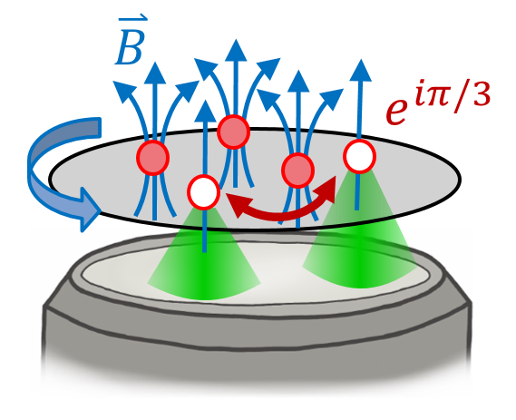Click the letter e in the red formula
click(x=395, y=112)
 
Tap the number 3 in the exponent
click(x=478, y=93)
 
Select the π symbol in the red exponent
click(x=434, y=95)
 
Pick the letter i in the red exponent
click(x=415, y=93)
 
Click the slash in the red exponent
click(x=458, y=95)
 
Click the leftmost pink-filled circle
click(x=152, y=158)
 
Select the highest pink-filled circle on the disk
click(x=234, y=132)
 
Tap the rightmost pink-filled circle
click(x=298, y=171)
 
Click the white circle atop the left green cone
click(x=204, y=192)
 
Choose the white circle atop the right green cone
click(x=359, y=156)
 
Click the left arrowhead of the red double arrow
click(x=238, y=205)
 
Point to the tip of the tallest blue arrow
click(x=236, y=40)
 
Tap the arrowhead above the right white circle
click(x=361, y=71)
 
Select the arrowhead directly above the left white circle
click(x=205, y=112)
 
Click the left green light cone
click(x=204, y=260)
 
